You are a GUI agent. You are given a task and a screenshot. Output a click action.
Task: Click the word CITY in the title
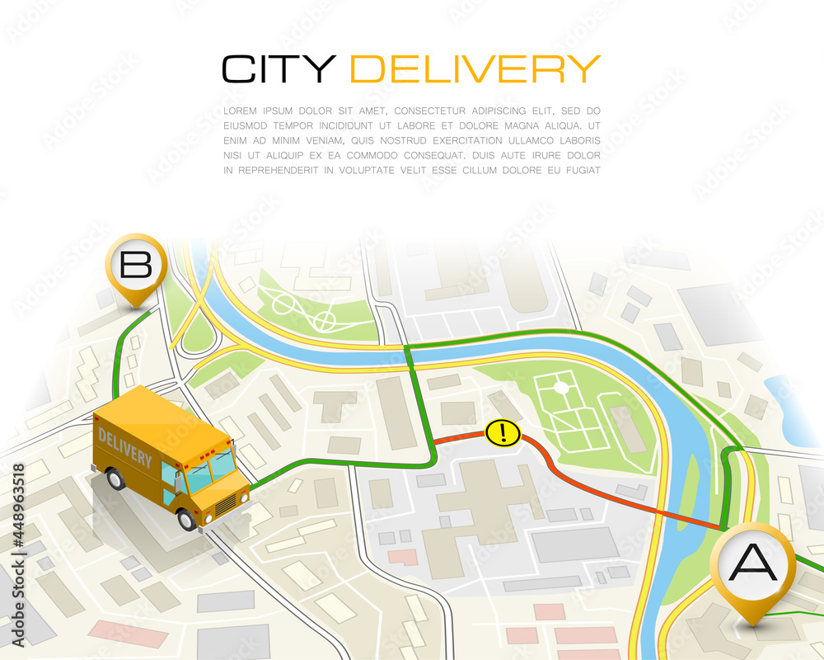279,68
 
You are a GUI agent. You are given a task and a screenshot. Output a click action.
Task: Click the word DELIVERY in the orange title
475,68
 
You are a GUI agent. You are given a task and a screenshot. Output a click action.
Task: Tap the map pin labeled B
136,266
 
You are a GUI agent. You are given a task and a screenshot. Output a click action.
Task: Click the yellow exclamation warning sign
502,432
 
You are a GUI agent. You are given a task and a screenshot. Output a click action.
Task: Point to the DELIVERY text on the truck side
124,446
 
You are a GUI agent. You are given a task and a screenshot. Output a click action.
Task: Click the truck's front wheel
187,518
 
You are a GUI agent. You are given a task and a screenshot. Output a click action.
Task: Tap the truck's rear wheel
115,478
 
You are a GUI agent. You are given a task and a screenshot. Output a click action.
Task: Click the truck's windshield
212,471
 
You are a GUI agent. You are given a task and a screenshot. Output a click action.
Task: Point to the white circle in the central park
561,387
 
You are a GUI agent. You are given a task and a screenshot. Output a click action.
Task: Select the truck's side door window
169,475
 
